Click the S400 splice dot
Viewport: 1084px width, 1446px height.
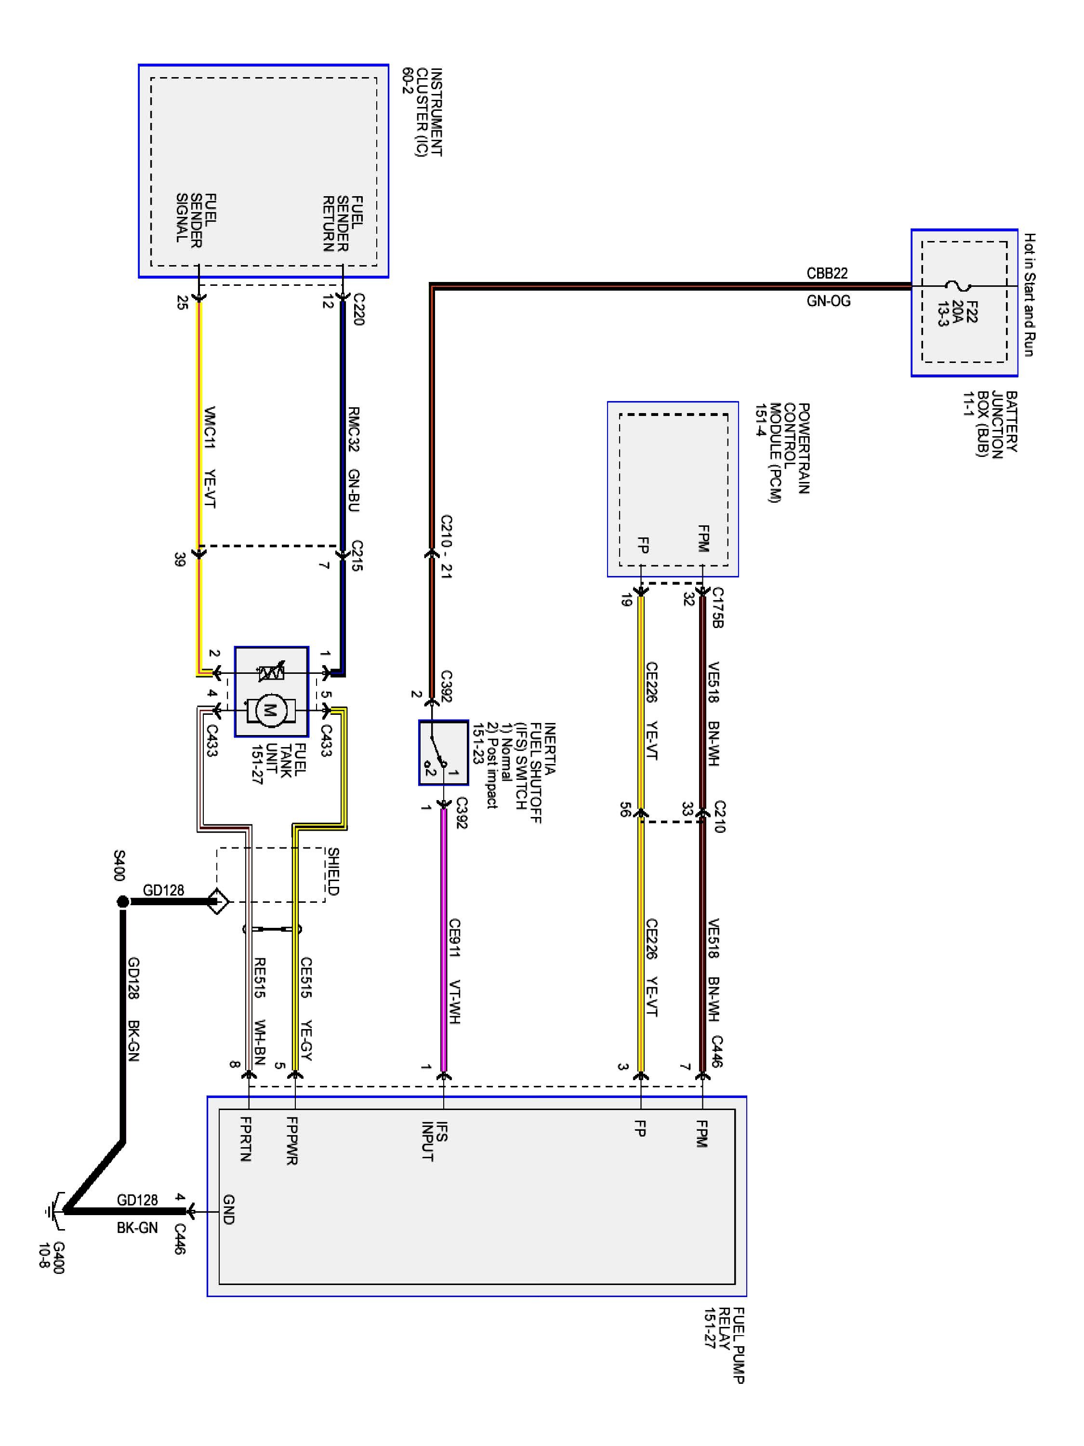click(122, 901)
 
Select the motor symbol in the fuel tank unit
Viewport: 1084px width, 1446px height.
click(270, 710)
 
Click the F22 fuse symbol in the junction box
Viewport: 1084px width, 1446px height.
click(959, 286)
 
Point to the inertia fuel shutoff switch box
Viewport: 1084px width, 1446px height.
click(444, 752)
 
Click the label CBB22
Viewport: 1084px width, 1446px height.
click(827, 273)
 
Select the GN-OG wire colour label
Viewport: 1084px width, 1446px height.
click(828, 301)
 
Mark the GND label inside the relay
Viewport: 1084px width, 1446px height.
click(228, 1209)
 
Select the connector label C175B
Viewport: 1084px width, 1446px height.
click(717, 607)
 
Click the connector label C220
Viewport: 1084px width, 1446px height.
click(358, 309)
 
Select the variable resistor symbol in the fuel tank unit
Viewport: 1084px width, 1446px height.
click(271, 672)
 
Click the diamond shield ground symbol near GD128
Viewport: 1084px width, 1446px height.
click(218, 902)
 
